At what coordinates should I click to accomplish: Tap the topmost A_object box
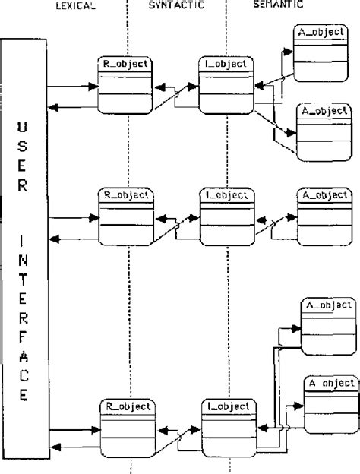(x=320, y=53)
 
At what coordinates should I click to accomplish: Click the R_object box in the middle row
(x=125, y=216)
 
